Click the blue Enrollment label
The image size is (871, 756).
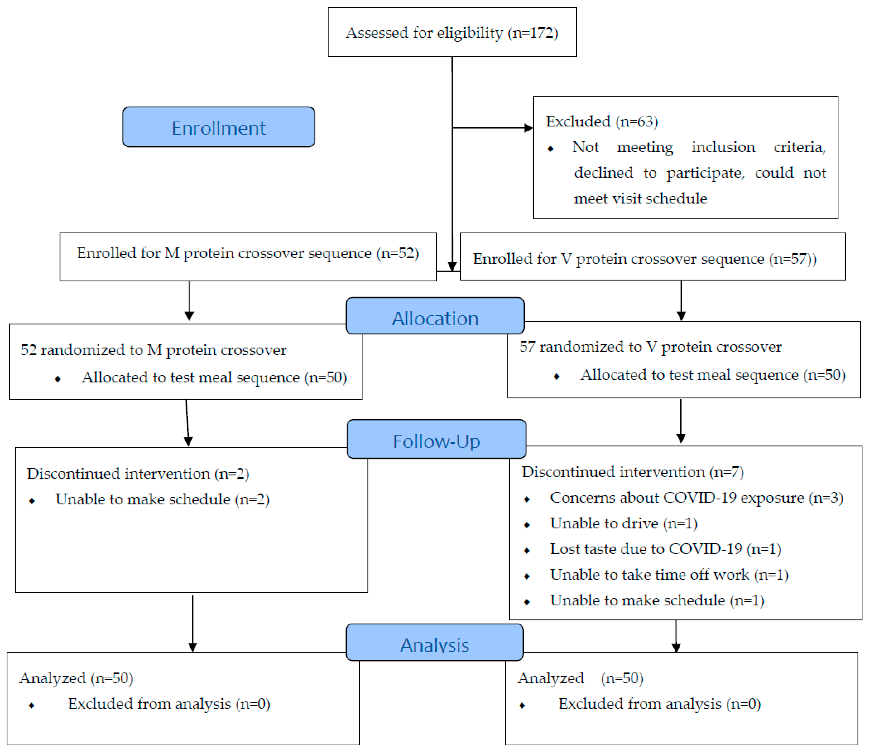(x=218, y=127)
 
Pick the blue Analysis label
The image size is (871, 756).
(x=434, y=645)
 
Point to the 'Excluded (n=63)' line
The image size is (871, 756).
(x=602, y=122)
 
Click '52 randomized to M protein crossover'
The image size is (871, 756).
(x=153, y=350)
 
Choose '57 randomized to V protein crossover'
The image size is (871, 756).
(x=650, y=347)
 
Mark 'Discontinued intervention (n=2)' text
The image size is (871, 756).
(x=138, y=473)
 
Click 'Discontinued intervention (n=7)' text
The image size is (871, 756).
(x=632, y=472)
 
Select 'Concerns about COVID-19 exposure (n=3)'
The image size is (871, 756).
(x=696, y=498)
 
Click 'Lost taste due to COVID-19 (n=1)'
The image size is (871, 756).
(x=665, y=549)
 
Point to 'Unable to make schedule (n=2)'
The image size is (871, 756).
(x=162, y=499)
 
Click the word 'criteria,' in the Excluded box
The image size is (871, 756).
(x=799, y=147)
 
